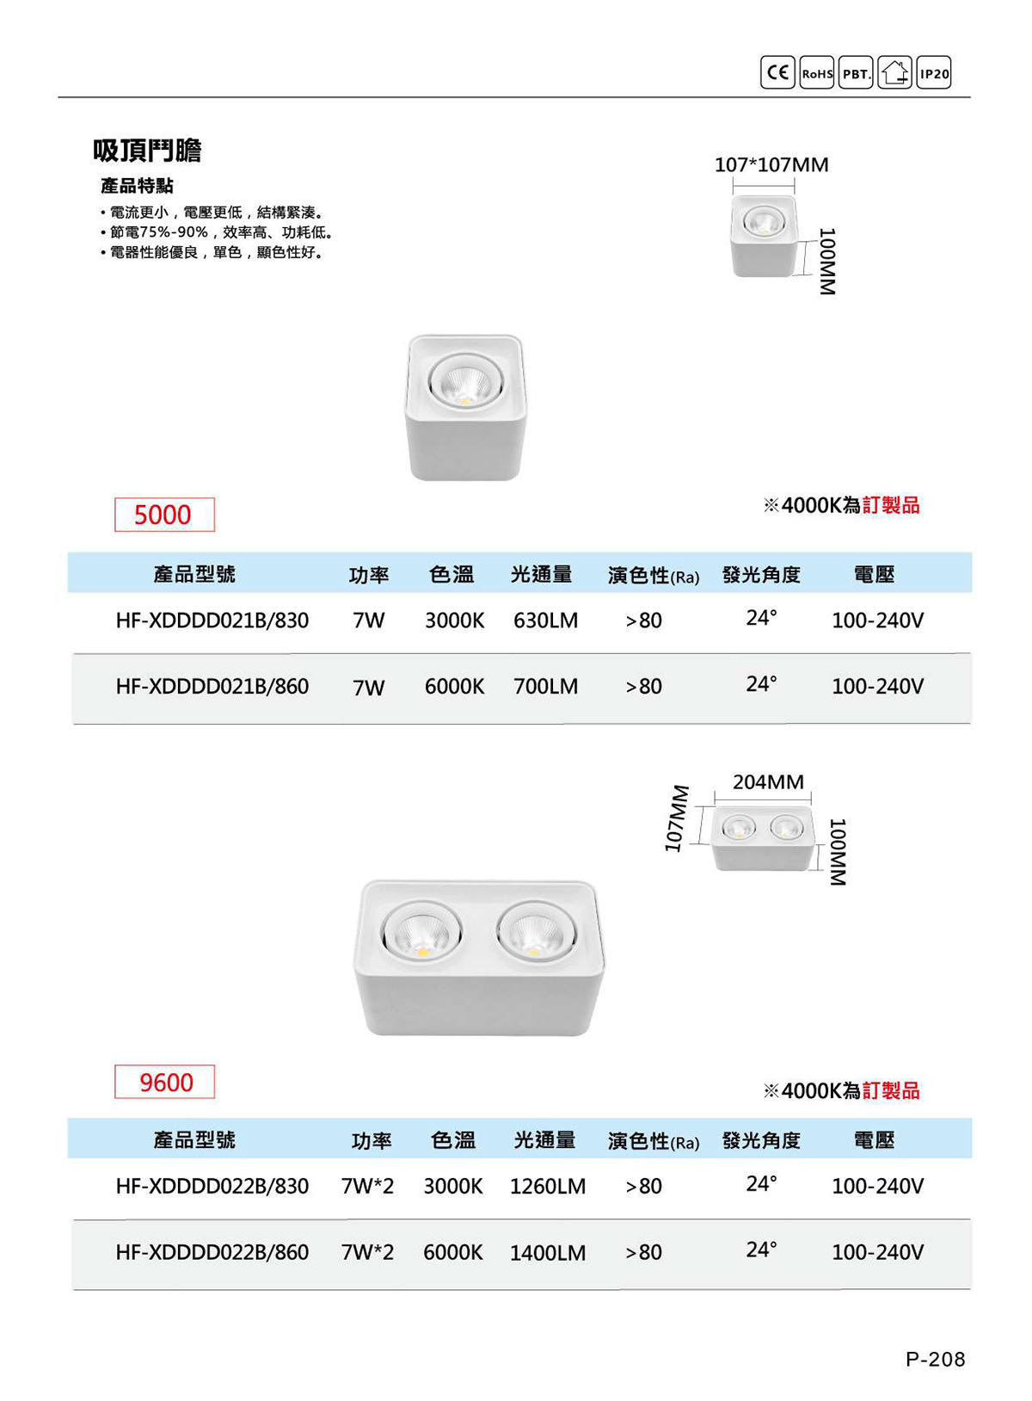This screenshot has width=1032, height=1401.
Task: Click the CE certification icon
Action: pyautogui.click(x=777, y=72)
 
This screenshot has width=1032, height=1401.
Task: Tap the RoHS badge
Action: pyautogui.click(x=816, y=72)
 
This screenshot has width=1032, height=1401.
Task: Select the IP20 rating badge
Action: pyautogui.click(x=934, y=72)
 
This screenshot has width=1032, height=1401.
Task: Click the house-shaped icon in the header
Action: pyautogui.click(x=894, y=72)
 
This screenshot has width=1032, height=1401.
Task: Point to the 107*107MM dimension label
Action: pyautogui.click(x=771, y=165)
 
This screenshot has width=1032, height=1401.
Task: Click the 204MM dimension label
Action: pyautogui.click(x=768, y=781)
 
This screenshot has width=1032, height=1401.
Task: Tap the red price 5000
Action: pyautogui.click(x=163, y=515)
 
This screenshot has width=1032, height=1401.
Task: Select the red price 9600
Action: pyautogui.click(x=166, y=1083)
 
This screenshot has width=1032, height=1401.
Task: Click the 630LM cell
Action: pyautogui.click(x=546, y=620)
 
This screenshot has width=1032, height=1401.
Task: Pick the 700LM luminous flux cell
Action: pyautogui.click(x=546, y=686)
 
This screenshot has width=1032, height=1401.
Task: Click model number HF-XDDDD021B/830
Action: pyautogui.click(x=212, y=620)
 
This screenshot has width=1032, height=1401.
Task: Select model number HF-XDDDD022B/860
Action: pyautogui.click(x=212, y=1251)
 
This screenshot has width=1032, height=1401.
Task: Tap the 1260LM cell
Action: pyautogui.click(x=548, y=1186)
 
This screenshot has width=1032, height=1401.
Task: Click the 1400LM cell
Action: pyautogui.click(x=548, y=1252)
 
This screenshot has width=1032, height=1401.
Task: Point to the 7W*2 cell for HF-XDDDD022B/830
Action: pyautogui.click(x=367, y=1186)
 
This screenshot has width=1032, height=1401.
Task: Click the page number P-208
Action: pyautogui.click(x=936, y=1359)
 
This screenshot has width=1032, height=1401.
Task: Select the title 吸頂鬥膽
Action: pyautogui.click(x=148, y=151)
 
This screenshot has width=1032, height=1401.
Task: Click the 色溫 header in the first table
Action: pyautogui.click(x=451, y=574)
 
